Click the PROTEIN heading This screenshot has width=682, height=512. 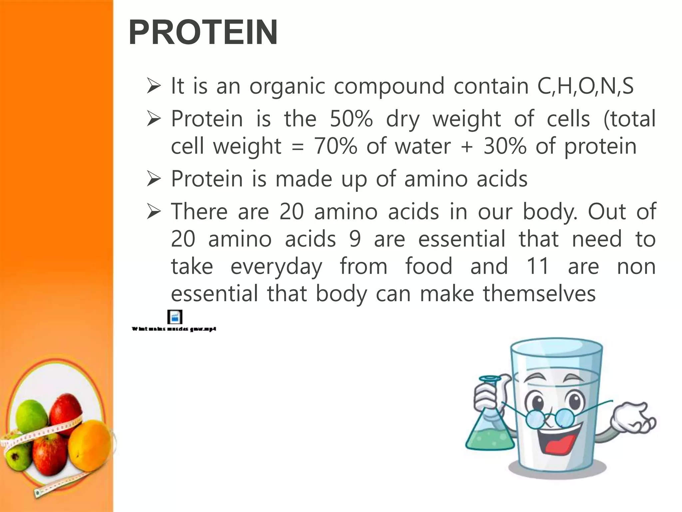[x=203, y=32]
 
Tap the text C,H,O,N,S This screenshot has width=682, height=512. [x=585, y=86]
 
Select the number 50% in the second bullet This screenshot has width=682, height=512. [x=351, y=119]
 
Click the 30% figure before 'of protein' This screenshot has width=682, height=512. [x=505, y=146]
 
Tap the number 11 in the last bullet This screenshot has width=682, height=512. [x=537, y=266]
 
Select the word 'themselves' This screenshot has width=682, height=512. [x=539, y=294]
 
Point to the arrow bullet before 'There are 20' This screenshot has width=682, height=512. [x=154, y=212]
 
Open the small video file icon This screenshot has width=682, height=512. [x=175, y=317]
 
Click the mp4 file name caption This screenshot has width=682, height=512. [x=174, y=329]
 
